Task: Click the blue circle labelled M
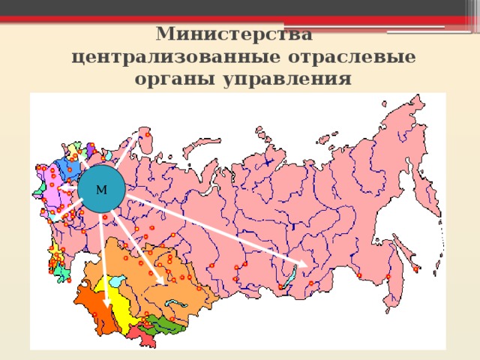click(x=101, y=188)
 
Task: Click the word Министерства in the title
click(x=234, y=34)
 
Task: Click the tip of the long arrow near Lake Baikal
click(x=304, y=264)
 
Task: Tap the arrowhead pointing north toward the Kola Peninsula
click(x=136, y=137)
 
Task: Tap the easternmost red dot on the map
click(x=415, y=268)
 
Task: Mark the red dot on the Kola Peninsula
click(x=147, y=135)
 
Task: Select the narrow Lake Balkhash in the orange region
click(x=178, y=304)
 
